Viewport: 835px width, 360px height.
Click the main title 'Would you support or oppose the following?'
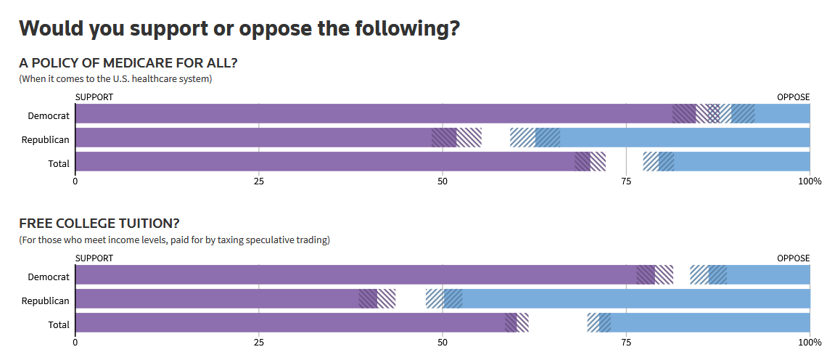239,28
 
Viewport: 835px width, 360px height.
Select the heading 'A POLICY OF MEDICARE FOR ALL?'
128,63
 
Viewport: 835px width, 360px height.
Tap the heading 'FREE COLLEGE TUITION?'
99,224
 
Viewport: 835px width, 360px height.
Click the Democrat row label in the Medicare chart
49,115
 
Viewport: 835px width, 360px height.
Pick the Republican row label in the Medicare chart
45,139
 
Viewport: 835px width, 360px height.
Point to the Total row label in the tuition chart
59,324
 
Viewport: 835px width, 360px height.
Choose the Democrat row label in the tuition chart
49,277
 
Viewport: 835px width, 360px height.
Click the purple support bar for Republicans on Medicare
254,138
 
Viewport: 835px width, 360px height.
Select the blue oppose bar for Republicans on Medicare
682,138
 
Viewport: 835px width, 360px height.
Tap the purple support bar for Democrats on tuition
355,275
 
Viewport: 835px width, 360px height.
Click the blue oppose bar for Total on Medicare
740,161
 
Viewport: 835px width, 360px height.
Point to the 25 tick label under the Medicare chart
259,181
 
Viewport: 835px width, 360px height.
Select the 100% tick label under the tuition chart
810,342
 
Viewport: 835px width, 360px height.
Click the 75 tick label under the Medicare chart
626,181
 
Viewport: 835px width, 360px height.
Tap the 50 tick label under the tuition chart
443,342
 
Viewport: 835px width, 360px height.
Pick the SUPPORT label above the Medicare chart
94,97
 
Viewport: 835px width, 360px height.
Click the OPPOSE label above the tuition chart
793,258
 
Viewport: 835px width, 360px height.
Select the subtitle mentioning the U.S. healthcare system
115,78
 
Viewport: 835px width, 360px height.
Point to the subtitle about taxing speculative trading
174,240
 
